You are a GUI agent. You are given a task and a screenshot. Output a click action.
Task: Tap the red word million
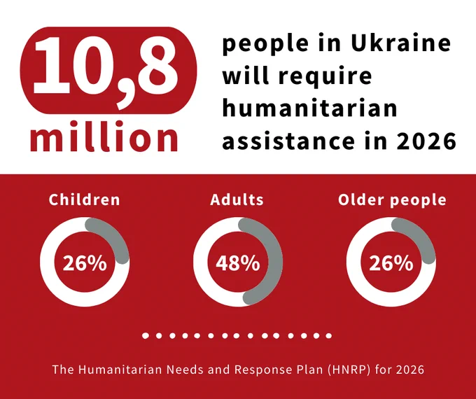click(x=104, y=136)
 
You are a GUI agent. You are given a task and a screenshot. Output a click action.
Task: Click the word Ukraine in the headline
click(x=401, y=43)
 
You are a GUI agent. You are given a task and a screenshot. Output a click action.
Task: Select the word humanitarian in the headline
click(x=309, y=108)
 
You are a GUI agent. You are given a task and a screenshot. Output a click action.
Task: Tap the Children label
click(x=85, y=199)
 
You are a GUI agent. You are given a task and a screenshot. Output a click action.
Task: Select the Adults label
click(x=237, y=199)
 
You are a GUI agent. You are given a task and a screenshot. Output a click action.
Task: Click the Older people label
click(x=392, y=199)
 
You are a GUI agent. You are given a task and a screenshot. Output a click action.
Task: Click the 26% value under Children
click(x=85, y=263)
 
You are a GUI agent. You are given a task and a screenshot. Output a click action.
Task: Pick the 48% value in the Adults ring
click(x=238, y=263)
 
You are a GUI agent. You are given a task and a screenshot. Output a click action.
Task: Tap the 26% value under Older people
click(x=391, y=263)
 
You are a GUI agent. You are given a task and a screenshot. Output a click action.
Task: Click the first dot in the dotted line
click(x=146, y=335)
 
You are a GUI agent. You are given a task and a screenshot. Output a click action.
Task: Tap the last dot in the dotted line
click(x=328, y=336)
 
